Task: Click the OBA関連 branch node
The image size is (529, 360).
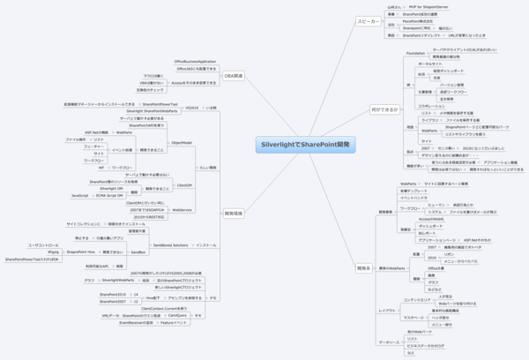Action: [x=234, y=75]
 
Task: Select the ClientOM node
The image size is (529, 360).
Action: [x=185, y=185]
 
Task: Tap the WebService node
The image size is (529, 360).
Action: [x=183, y=210]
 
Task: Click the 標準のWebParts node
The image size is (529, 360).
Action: [x=391, y=266]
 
